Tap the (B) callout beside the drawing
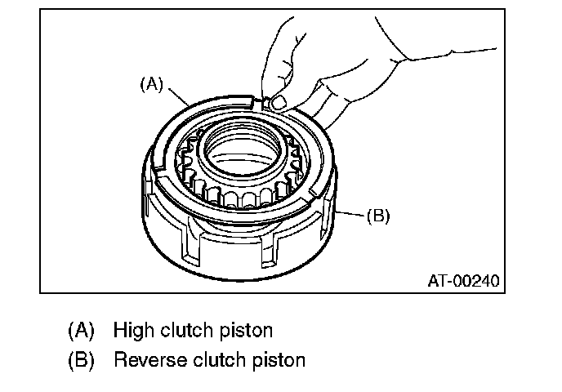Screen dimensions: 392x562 click(x=377, y=216)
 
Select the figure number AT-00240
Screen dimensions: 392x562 click(x=462, y=281)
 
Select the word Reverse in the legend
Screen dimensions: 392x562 click(x=144, y=359)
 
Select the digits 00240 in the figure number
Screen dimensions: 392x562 click(x=475, y=281)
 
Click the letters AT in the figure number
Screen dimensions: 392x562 click(x=438, y=281)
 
